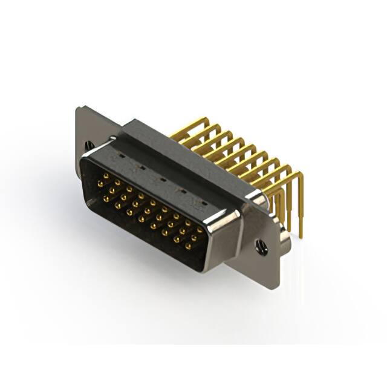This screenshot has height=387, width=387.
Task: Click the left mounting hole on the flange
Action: pyautogui.click(x=89, y=146)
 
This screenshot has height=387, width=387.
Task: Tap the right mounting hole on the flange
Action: pyautogui.click(x=262, y=247)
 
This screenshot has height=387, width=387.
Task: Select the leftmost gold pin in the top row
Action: pyautogui.click(x=106, y=177)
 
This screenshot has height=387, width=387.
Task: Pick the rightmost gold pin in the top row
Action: pyautogui.click(x=200, y=230)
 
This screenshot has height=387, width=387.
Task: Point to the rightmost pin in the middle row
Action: pyautogui.click(x=195, y=238)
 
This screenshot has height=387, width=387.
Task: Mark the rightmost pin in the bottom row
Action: pyautogui.click(x=188, y=247)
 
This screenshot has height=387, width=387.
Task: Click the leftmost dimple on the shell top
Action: pyautogui.click(x=122, y=156)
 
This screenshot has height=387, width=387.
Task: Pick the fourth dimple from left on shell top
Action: pyautogui.click(x=181, y=190)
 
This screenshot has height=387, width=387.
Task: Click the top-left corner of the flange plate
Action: pyautogui.click(x=78, y=108)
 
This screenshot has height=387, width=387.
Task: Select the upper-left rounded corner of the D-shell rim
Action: pyautogui.click(x=85, y=155)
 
